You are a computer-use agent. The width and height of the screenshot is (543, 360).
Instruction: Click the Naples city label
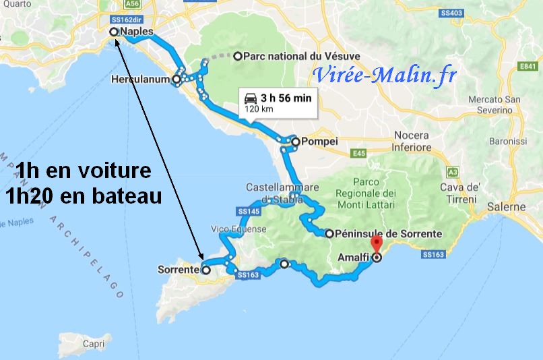click(x=137, y=32)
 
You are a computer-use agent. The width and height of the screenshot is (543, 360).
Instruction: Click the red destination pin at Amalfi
click(x=376, y=245)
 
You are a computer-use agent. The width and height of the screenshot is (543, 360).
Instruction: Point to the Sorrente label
click(x=177, y=270)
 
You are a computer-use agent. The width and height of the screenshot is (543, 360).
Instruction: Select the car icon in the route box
click(x=250, y=97)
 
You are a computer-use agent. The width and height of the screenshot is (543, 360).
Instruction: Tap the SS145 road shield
click(x=249, y=211)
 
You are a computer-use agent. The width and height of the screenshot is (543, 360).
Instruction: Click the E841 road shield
click(x=527, y=66)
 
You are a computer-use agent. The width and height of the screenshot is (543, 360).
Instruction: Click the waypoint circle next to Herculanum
click(x=177, y=80)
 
